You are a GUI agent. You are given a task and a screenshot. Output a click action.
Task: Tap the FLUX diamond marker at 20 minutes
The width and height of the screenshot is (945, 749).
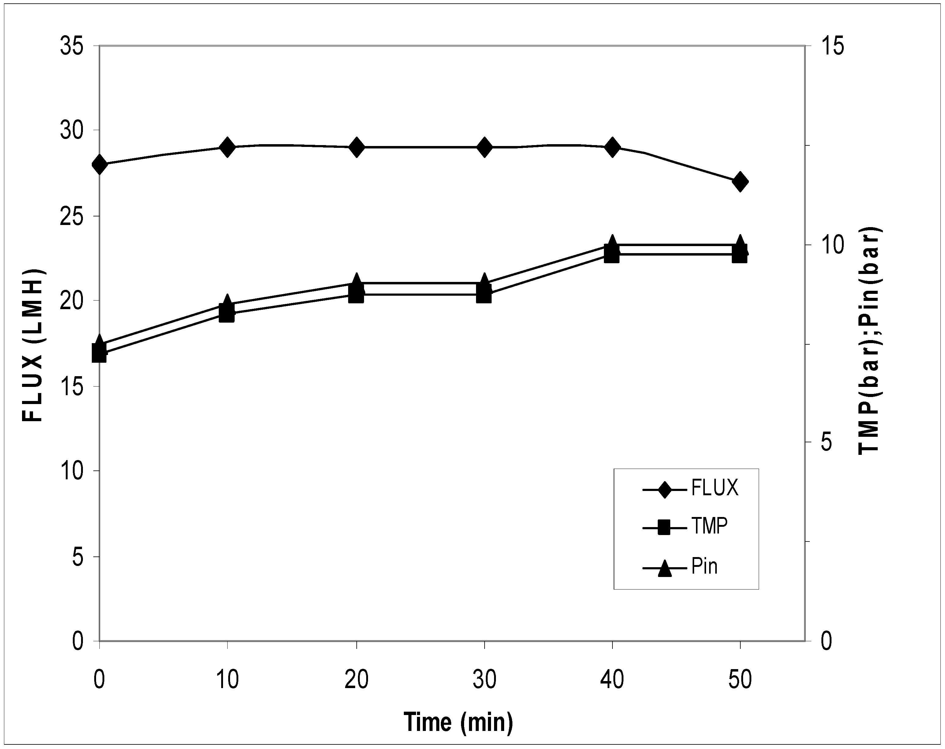[356, 147]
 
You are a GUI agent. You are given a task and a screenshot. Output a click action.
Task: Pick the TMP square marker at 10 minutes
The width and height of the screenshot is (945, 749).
[227, 314]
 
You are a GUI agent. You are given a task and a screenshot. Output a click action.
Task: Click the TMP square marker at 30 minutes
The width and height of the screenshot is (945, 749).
[484, 295]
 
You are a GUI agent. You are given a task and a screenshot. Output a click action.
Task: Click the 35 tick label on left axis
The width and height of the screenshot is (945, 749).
[72, 46]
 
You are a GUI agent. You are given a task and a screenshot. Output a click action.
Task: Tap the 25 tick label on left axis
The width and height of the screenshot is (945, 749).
[72, 216]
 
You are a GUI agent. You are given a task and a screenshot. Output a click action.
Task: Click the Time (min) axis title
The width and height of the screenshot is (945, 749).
[458, 722]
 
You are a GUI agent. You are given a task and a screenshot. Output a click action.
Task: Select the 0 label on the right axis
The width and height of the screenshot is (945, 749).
[826, 642]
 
